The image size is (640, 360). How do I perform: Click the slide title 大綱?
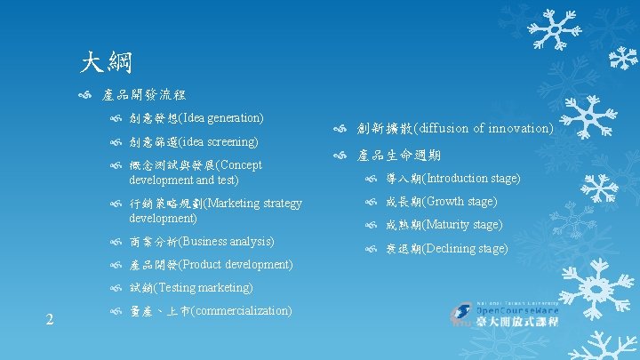coord(106,61)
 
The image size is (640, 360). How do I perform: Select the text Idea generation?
coord(223,118)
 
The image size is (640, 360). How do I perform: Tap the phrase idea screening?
coord(220,141)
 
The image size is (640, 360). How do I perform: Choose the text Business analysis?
coord(228,242)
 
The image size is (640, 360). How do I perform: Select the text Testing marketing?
coord(205,288)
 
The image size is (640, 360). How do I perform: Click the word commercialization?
coord(242,311)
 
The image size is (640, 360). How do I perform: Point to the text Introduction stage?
coord(472,179)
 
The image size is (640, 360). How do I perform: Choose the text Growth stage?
coord(460,202)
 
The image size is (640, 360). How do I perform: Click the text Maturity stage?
coord(463,225)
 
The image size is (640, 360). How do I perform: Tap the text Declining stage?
coord(466,249)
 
